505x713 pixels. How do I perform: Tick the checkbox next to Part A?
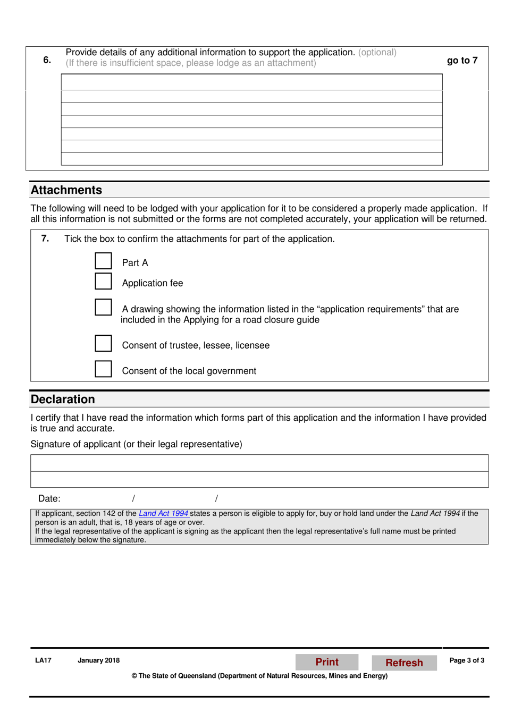pyautogui.click(x=103, y=261)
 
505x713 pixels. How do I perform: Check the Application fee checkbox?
pyautogui.click(x=103, y=281)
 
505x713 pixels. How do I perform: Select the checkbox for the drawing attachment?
pyautogui.click(x=103, y=307)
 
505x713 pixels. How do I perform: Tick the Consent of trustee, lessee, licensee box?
pyautogui.click(x=103, y=343)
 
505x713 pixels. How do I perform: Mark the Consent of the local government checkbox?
pyautogui.click(x=103, y=369)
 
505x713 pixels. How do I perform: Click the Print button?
pyautogui.click(x=327, y=662)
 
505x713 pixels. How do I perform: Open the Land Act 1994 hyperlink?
pyautogui.click(x=164, y=514)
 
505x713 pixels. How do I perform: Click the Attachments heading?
pyautogui.click(x=66, y=190)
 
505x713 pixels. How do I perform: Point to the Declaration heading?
pyautogui.click(x=63, y=400)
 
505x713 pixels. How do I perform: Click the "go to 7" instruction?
pyautogui.click(x=462, y=61)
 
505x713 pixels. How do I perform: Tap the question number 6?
pyautogui.click(x=47, y=60)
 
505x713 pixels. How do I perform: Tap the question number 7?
pyautogui.click(x=45, y=239)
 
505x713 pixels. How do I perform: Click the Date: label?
pyautogui.click(x=49, y=499)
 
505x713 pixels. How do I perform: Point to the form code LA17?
pyautogui.click(x=43, y=660)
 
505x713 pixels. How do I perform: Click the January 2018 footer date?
pyautogui.click(x=98, y=660)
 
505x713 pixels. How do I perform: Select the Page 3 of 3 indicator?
pyautogui.click(x=467, y=660)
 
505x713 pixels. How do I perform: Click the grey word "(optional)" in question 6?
pyautogui.click(x=377, y=53)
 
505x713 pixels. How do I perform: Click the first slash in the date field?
pyautogui.click(x=133, y=498)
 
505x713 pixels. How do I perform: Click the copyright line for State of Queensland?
pyautogui.click(x=259, y=676)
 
